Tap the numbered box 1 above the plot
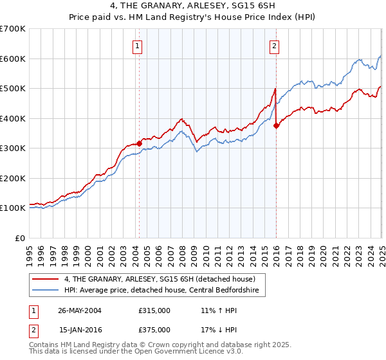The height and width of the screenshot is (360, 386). [x=138, y=45]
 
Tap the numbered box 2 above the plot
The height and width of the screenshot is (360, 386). [x=275, y=45]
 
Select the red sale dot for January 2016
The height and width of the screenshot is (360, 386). [x=276, y=125]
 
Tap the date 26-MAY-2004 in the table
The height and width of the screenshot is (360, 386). [x=79, y=310]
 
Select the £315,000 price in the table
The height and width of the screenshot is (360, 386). [x=154, y=310]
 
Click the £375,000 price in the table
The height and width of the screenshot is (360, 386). [x=154, y=329]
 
